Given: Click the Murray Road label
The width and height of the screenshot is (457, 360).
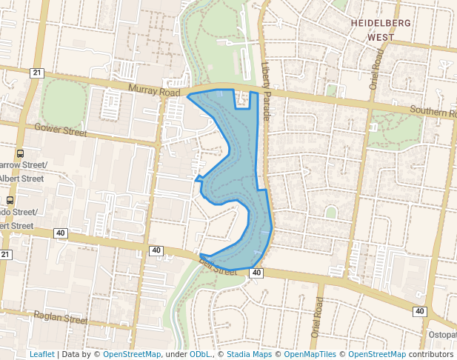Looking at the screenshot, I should pos(153,92).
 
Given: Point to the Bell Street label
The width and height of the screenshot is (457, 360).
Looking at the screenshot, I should pos(218,265).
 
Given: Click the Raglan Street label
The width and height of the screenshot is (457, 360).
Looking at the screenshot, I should pos(61,319).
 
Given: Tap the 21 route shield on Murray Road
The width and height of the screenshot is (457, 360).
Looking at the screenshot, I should pos(37,73).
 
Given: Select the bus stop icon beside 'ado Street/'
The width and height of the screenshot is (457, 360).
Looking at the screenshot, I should pos(10,200).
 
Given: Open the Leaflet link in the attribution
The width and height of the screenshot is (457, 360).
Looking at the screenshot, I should pos(41,354).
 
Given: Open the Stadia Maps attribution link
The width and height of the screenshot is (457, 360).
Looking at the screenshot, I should pos(250,354).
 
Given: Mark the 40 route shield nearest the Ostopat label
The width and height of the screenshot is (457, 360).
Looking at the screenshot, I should pos(419,311).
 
